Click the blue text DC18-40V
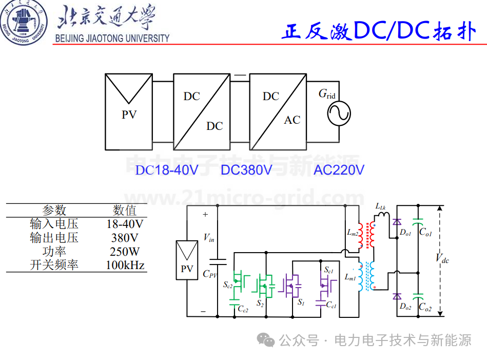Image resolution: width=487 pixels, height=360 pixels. (x=167, y=170)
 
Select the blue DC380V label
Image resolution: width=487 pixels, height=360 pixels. (x=247, y=170)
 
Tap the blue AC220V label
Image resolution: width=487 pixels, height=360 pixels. (x=339, y=170)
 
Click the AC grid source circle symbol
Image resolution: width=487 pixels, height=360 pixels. (x=339, y=113)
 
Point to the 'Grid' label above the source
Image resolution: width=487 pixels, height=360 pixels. (x=327, y=93)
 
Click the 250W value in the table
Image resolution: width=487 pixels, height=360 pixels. (x=125, y=252)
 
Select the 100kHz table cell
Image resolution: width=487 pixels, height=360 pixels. (x=125, y=265)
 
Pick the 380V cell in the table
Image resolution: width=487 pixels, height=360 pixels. (x=125, y=238)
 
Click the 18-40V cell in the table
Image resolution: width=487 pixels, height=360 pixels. (x=125, y=224)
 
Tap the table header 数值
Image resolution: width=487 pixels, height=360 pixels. (x=125, y=211)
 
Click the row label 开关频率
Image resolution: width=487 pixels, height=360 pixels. (x=54, y=265)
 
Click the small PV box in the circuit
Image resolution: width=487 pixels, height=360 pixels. (x=187, y=260)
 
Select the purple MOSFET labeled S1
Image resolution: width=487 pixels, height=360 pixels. (x=290, y=286)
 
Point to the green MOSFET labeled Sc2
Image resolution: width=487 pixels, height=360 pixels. (x=241, y=281)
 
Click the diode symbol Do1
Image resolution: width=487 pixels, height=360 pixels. (x=397, y=222)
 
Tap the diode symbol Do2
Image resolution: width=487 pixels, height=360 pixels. (x=397, y=297)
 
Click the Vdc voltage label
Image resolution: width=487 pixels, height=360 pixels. (x=442, y=258)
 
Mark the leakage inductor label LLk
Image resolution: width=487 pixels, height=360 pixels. (x=380, y=206)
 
